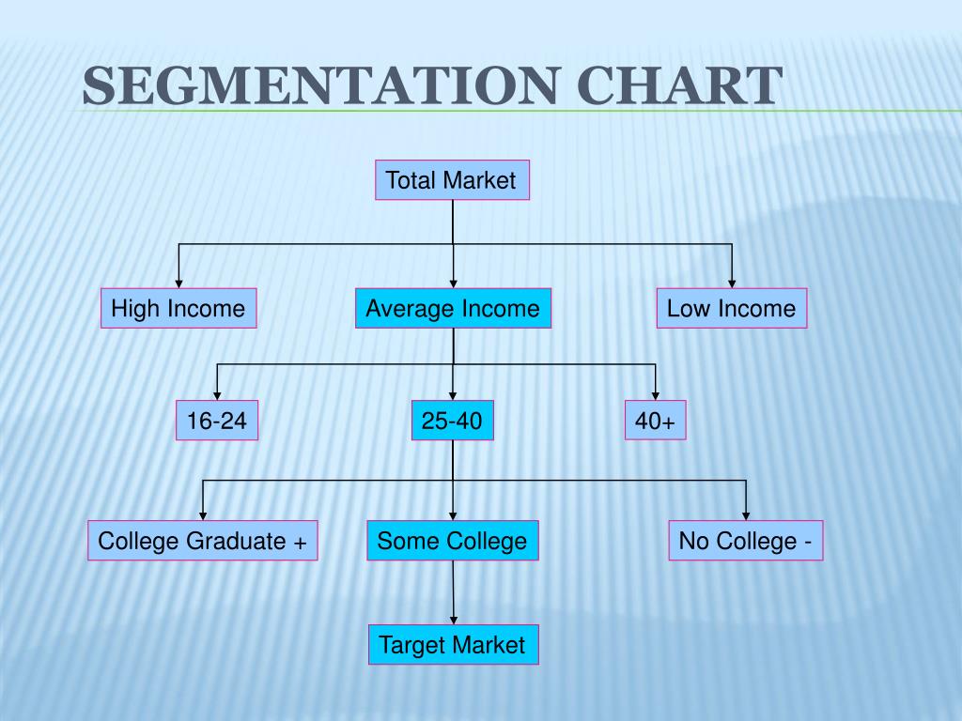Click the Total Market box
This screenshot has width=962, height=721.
[452, 180]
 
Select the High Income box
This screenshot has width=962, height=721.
[178, 308]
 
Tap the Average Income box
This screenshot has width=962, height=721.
[453, 308]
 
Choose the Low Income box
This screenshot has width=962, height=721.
[731, 308]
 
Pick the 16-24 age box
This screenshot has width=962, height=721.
[217, 422]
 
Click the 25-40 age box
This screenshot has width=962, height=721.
[452, 422]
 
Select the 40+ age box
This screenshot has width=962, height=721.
[655, 422]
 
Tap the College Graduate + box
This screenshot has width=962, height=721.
[203, 541]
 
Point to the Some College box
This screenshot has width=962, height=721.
[452, 541]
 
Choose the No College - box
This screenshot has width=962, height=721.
[746, 541]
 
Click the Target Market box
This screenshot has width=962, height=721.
[452, 645]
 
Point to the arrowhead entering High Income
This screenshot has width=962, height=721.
[178, 283]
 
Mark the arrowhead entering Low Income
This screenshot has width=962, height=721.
[731, 283]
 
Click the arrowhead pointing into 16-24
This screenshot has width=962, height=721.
[217, 396]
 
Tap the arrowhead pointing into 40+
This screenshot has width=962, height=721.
[655, 396]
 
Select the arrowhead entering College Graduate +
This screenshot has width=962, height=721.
[203, 515]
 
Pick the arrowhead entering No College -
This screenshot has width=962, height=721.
[746, 515]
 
